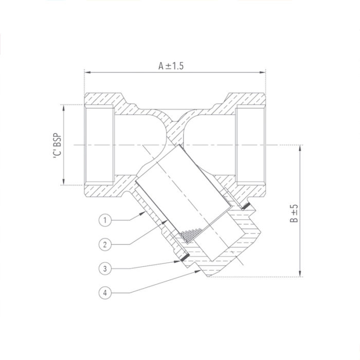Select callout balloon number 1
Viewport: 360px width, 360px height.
coord(104,220)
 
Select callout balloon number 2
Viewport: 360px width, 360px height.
coord(104,244)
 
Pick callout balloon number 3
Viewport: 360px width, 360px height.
coord(104,268)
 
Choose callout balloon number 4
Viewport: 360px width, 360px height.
coord(104,293)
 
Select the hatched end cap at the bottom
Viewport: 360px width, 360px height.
coord(226,257)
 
